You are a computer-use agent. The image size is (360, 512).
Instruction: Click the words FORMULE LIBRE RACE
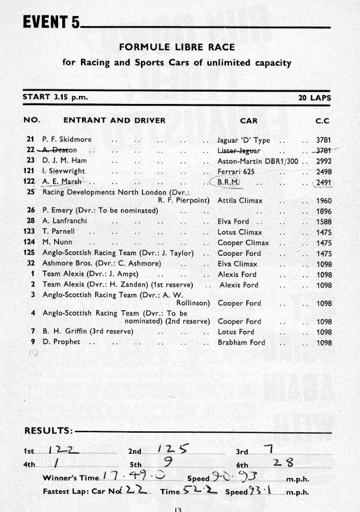(177, 47)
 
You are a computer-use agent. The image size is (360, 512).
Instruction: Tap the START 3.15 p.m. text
(49, 97)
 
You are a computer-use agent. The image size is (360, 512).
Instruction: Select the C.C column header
(322, 120)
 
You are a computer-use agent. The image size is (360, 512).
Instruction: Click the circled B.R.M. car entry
(228, 182)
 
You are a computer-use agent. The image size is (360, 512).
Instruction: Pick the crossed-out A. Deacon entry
(57, 150)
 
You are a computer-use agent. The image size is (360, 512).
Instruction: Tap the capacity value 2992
(324, 161)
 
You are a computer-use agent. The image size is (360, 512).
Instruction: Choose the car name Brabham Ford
(241, 342)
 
